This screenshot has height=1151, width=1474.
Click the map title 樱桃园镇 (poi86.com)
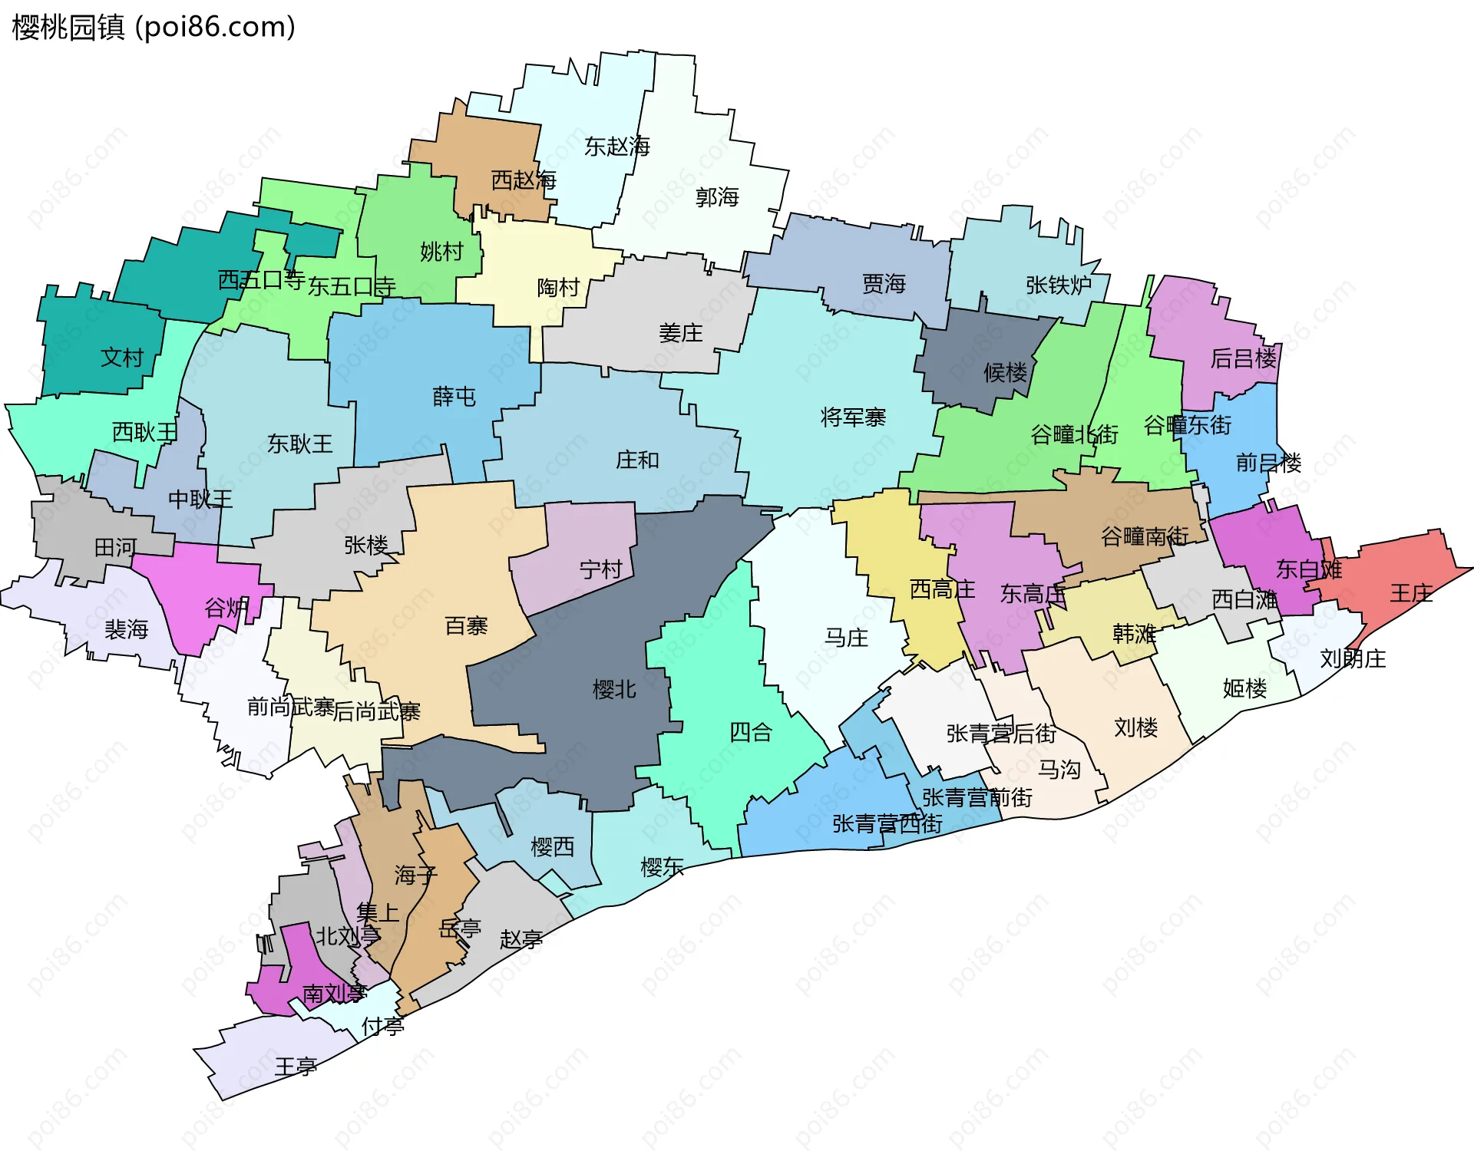(x=154, y=28)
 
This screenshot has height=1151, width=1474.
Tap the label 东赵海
(x=616, y=146)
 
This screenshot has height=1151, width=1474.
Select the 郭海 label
(x=717, y=197)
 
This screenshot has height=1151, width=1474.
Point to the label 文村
(x=122, y=357)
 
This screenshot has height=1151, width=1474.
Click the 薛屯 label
(x=454, y=396)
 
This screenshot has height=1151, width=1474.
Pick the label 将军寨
(x=853, y=417)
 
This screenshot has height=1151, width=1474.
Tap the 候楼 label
(x=1005, y=372)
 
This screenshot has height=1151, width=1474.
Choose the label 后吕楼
(x=1243, y=358)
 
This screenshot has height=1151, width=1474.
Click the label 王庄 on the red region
(x=1411, y=592)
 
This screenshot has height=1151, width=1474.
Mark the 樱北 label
(x=614, y=689)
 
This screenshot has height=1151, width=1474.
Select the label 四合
(x=750, y=732)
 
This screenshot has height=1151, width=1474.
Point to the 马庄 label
(x=846, y=637)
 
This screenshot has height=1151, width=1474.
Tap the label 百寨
(x=466, y=625)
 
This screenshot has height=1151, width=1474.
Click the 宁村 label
(x=600, y=569)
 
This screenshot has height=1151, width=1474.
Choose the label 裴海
(x=126, y=629)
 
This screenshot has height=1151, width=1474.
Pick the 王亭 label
(x=296, y=1066)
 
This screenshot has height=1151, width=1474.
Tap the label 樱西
(x=552, y=846)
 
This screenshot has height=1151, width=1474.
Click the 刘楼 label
(x=1135, y=727)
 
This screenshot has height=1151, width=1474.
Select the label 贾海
(x=884, y=284)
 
